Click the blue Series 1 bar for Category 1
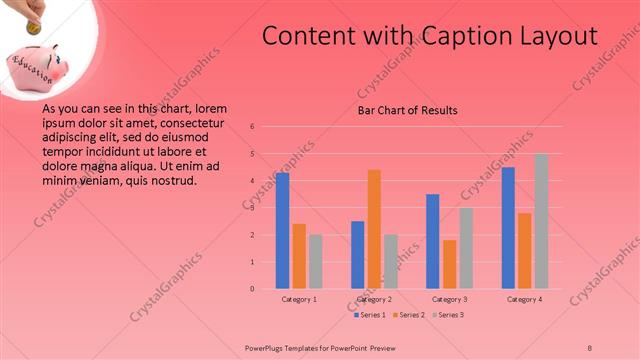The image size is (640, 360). click(283, 230)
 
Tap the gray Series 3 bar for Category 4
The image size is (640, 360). click(541, 221)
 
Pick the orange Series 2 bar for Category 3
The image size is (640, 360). click(449, 264)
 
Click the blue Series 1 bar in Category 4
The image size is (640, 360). click(508, 227)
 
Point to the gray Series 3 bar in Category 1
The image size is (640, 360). click(316, 261)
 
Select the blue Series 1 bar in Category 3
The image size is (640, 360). click(432, 241)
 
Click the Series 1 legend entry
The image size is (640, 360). click(369, 314)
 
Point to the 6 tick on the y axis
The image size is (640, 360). click(253, 127)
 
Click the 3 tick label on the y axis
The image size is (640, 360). click(253, 208)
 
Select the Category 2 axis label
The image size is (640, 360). click(374, 299)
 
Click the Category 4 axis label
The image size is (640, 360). click(524, 299)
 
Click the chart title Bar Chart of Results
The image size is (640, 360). click(408, 110)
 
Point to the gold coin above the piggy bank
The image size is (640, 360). click(33, 29)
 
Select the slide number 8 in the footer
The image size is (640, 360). click(590, 347)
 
